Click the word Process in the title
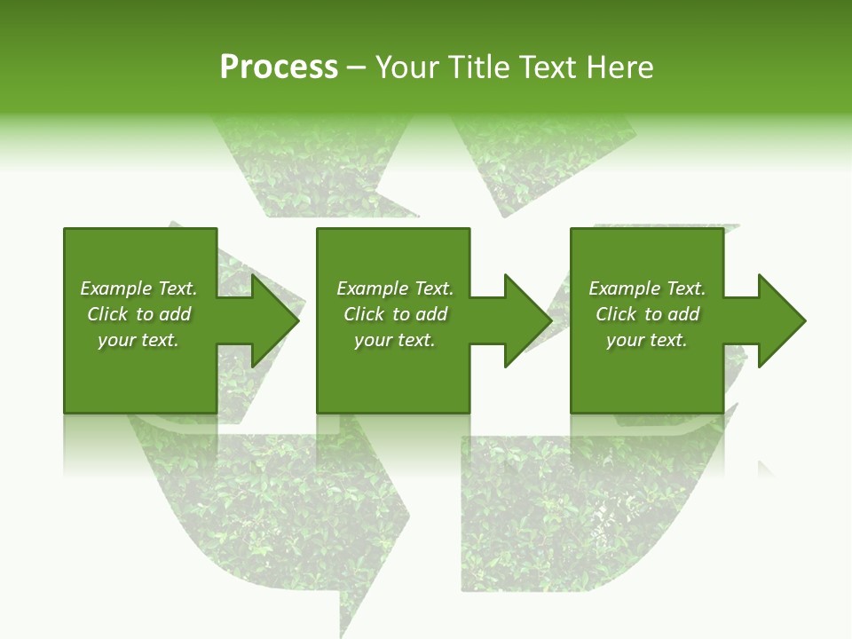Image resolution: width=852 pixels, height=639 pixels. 279,67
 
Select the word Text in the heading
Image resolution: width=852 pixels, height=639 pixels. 548,67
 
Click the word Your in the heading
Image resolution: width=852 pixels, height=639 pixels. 407,67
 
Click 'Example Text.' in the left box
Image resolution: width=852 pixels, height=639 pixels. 138,288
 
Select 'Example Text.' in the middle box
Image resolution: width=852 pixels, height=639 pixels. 395,288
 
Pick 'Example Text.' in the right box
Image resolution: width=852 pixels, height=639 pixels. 647,288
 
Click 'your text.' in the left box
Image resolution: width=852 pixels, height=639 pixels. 138,340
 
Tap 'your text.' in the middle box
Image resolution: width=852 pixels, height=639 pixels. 395,340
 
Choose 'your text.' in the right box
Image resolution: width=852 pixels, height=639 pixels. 647,340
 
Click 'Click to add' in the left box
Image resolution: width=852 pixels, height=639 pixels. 138,314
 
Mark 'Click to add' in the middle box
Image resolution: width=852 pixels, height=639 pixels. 395,314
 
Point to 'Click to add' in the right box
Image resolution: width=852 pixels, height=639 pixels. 647,314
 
